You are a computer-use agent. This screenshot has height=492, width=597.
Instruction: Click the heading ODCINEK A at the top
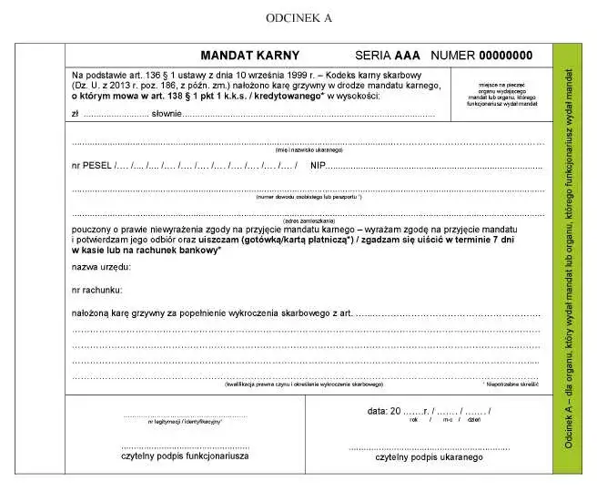299,17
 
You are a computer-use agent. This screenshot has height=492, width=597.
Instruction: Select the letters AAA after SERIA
408,55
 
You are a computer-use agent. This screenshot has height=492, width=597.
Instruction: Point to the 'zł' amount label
76,114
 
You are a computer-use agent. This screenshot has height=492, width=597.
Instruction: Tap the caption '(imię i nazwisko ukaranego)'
309,149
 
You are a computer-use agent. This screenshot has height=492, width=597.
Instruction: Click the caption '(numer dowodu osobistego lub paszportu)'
309,197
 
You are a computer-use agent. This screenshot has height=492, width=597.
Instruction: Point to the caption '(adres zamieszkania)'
309,221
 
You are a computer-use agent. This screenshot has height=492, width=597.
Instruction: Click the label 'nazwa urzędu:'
101,267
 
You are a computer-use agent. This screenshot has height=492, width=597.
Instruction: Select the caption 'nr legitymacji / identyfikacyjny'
185,423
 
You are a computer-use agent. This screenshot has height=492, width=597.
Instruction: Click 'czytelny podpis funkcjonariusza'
185,456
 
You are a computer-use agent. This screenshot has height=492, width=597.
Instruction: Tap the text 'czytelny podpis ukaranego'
429,456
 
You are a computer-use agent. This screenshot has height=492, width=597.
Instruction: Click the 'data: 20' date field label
385,411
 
